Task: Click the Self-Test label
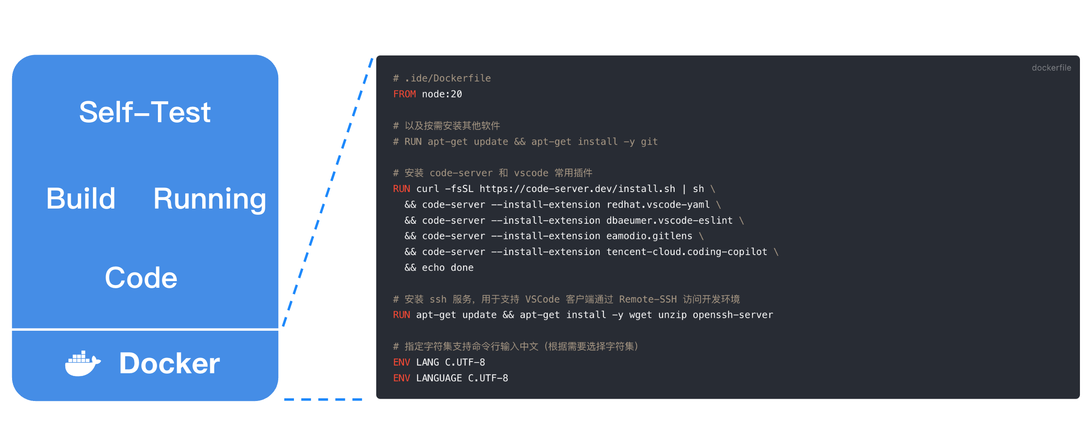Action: click(145, 112)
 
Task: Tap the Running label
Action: click(210, 200)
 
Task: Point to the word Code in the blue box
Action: click(141, 278)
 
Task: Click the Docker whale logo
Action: click(83, 363)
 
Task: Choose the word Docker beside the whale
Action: click(170, 363)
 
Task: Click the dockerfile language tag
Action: click(1051, 68)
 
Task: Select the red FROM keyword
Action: click(404, 94)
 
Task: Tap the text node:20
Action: click(442, 94)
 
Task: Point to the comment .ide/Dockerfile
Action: click(448, 78)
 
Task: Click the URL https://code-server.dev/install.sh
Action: click(578, 189)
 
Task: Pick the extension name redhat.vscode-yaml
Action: click(658, 205)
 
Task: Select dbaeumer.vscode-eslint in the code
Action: click(670, 220)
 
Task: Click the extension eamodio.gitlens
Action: click(650, 236)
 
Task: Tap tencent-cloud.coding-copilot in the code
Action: click(687, 252)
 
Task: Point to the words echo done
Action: click(448, 268)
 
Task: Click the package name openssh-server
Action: click(733, 315)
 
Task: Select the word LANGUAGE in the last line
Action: click(439, 378)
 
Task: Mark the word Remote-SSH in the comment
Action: click(648, 299)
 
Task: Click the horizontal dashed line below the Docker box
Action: click(323, 399)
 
